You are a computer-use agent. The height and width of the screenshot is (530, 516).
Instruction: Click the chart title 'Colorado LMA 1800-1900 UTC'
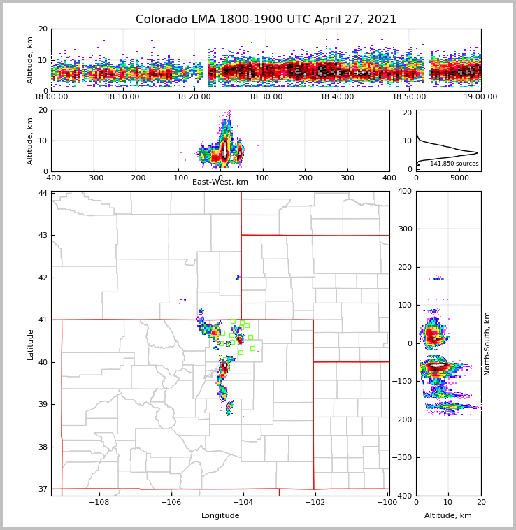point(266,20)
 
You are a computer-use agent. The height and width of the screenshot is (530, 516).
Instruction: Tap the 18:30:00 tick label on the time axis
point(266,97)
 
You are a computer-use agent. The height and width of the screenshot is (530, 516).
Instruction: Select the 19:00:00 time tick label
point(480,97)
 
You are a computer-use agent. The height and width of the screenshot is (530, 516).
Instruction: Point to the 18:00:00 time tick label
point(51,97)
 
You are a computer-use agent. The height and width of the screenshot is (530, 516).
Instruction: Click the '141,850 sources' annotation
point(454,164)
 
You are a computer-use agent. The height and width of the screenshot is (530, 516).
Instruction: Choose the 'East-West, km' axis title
point(220,182)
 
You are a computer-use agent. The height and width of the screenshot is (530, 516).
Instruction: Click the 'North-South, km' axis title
point(487,343)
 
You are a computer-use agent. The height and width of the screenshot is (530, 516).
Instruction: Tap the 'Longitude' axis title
point(220,516)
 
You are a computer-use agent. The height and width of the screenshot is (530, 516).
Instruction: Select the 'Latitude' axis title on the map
point(30,344)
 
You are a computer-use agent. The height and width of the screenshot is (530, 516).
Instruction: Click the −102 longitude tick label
point(314,503)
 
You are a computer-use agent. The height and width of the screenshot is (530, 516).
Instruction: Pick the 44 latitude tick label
point(43,193)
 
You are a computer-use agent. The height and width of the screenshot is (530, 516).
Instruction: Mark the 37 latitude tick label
point(43,489)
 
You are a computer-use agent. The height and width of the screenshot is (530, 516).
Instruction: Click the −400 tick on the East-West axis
point(51,178)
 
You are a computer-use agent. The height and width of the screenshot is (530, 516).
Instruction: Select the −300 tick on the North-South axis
point(405,457)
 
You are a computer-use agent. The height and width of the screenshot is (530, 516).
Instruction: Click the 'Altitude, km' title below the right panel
point(448,516)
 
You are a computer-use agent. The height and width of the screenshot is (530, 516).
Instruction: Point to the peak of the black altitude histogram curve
point(478,152)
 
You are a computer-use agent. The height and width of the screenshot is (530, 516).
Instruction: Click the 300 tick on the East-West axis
point(347,178)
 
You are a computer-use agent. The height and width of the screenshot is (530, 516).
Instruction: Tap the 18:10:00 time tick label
point(122,97)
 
